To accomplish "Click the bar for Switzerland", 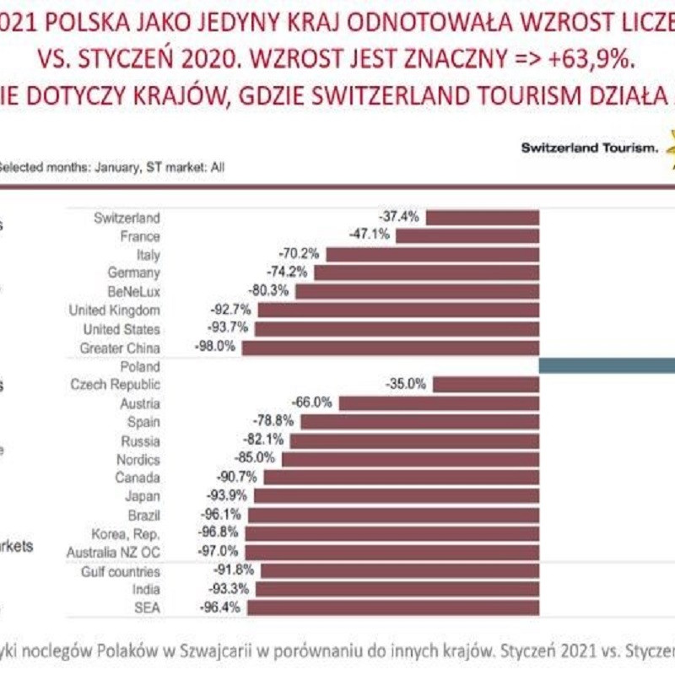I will [483, 218].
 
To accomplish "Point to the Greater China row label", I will [120, 348].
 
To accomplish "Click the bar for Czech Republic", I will [486, 385].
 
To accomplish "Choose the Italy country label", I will [148, 254].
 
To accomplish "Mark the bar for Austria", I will [439, 403].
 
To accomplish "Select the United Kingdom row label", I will [114, 310].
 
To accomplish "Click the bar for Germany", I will [427, 273].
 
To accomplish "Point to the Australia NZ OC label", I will [113, 552].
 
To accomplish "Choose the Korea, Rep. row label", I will [127, 533].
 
